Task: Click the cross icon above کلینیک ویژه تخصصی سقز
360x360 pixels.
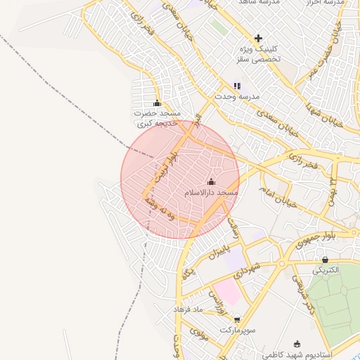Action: [x=258, y=38]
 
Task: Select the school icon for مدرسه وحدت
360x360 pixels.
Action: [x=237, y=86]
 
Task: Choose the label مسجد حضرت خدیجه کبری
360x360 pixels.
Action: [x=158, y=118]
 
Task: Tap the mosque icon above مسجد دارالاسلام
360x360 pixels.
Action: [x=211, y=182]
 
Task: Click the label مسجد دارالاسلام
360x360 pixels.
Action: [x=212, y=192]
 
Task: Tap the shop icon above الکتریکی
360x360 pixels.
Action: [x=324, y=259]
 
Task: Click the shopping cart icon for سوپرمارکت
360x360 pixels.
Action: [x=236, y=319]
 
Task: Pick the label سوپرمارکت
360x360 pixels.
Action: [x=235, y=329]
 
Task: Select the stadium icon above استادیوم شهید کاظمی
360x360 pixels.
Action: [x=297, y=344]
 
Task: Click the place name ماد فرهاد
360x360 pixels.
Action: [x=188, y=309]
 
